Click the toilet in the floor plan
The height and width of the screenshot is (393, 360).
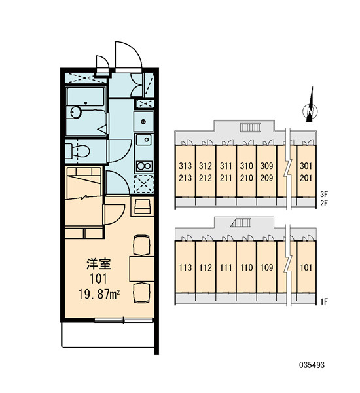pyautogui.click(x=77, y=151)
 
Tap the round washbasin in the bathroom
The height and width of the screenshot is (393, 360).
pyautogui.click(x=75, y=112)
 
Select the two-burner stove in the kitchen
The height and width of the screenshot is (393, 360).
pyautogui.click(x=144, y=166)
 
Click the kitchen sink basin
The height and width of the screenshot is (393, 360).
pyautogui.click(x=144, y=140)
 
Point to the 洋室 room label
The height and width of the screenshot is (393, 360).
pyautogui.click(x=99, y=264)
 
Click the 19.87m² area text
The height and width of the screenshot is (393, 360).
pyautogui.click(x=99, y=294)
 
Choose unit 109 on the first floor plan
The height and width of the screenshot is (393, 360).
pyautogui.click(x=266, y=267)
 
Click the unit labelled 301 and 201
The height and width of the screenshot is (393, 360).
pyautogui.click(x=306, y=172)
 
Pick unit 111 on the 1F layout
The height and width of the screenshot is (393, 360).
pyautogui.click(x=226, y=267)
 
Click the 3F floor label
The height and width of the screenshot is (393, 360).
pyautogui.click(x=324, y=194)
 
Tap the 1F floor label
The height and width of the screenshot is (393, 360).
pyautogui.click(x=324, y=301)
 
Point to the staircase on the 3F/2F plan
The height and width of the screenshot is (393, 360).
pyautogui.click(x=251, y=128)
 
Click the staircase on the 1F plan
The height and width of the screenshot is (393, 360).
pyautogui.click(x=241, y=223)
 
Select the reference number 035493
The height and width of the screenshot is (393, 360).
pyautogui.click(x=312, y=365)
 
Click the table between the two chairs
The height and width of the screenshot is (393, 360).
pyautogui.click(x=142, y=269)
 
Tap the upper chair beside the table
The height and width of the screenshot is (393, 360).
pyautogui.click(x=141, y=246)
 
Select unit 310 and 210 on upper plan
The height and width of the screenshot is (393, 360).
pyautogui.click(x=246, y=172)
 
